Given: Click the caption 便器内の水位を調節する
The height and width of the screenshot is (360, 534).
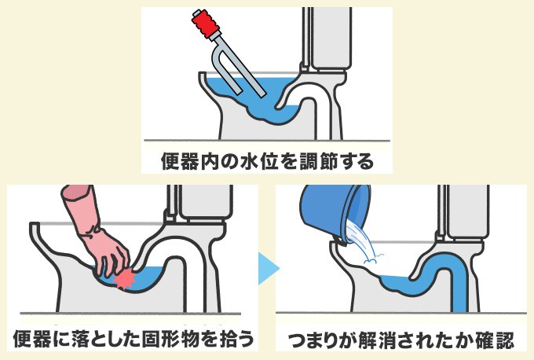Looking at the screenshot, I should coord(267,162).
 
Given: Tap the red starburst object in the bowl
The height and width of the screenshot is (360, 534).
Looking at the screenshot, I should coord(125,280).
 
